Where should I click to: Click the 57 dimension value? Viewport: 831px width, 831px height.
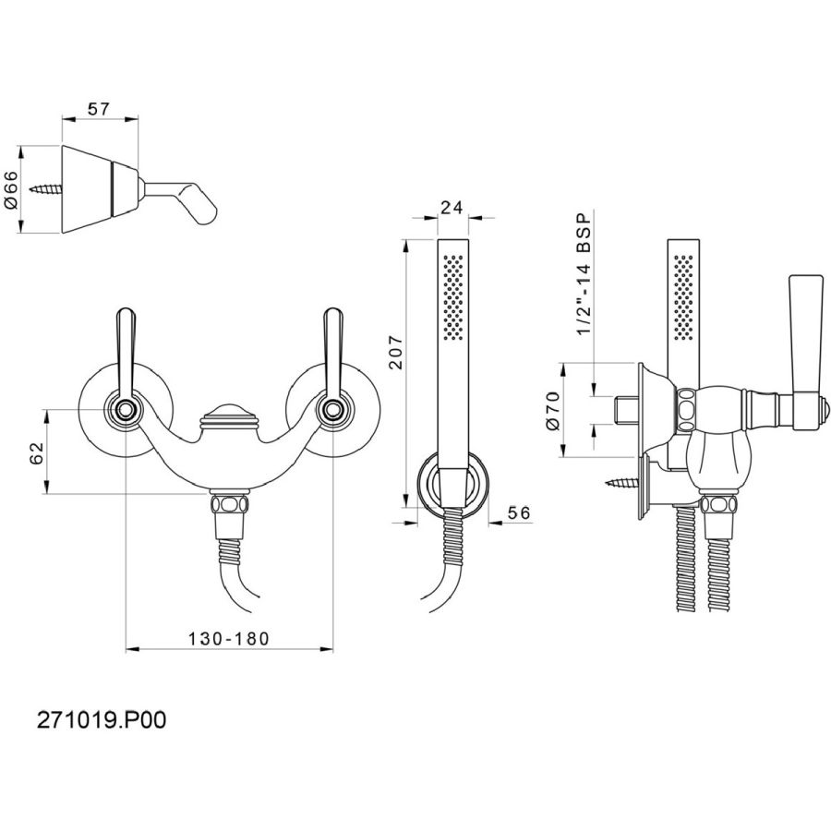(99, 109)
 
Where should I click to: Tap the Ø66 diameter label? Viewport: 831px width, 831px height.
(11, 189)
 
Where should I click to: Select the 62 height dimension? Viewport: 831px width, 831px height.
(36, 452)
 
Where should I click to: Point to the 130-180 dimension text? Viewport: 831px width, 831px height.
(229, 639)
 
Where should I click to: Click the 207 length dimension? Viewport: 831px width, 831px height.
(396, 352)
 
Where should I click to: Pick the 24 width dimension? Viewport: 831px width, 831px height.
(452, 207)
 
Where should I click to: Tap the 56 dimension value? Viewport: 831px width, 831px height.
(519, 512)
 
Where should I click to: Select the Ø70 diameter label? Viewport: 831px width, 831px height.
(552, 411)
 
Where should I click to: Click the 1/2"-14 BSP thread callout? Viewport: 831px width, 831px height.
(584, 274)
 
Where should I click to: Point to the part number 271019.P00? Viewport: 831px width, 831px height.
(102, 720)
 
